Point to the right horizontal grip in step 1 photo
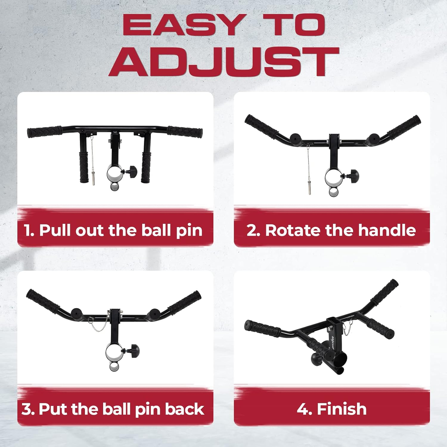[185, 131]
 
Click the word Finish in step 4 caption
[342, 409]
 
